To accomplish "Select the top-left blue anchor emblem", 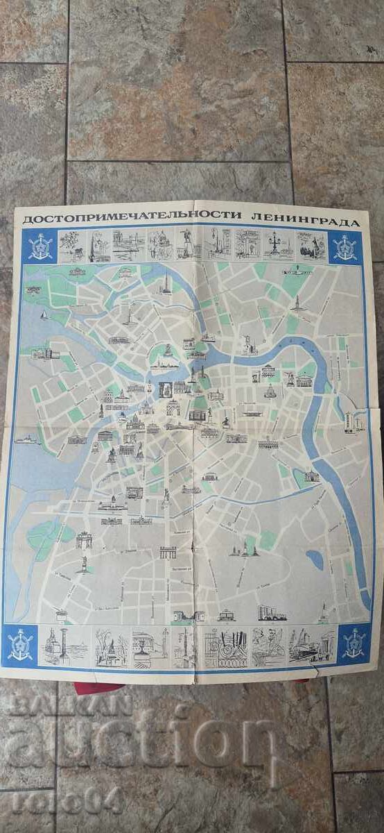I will click(x=40, y=246).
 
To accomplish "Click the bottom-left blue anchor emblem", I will click(x=21, y=643).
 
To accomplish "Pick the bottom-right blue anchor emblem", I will click(x=354, y=643).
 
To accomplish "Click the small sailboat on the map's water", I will click(x=43, y=315).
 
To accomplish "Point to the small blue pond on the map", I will click(x=315, y=558).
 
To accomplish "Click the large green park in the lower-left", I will click(x=47, y=534).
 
